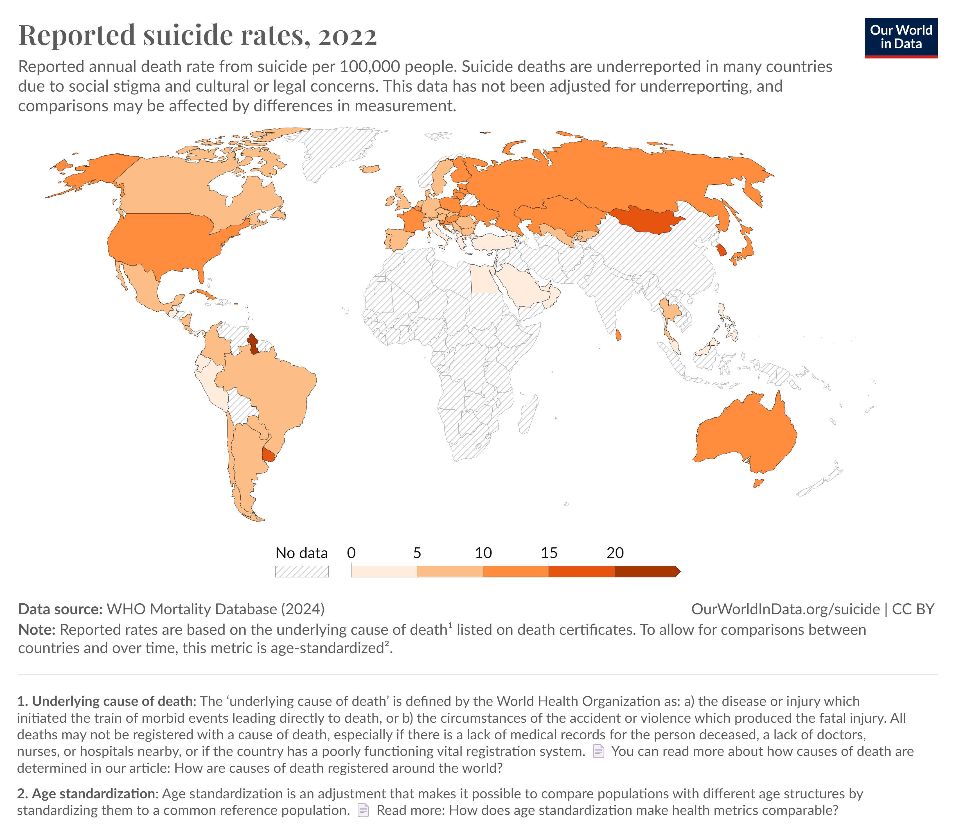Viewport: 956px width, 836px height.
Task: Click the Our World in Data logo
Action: pyautogui.click(x=900, y=38)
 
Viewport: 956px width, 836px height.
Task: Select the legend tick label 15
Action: pyautogui.click(x=549, y=553)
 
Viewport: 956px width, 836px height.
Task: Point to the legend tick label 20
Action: pyautogui.click(x=615, y=553)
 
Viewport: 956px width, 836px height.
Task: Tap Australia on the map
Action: pyautogui.click(x=747, y=434)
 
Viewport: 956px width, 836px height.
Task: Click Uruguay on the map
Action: pyautogui.click(x=269, y=454)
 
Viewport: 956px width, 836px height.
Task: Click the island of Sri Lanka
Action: pyautogui.click(x=619, y=335)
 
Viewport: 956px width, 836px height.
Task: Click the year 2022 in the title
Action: pyautogui.click(x=348, y=35)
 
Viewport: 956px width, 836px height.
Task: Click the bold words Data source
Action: pyautogui.click(x=60, y=609)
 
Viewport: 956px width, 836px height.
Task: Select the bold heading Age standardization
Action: pyautogui.click(x=93, y=794)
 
